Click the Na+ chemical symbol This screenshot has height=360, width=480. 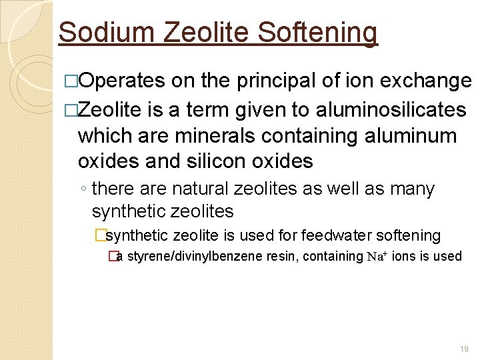378,256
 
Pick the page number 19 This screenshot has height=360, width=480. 465,349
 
